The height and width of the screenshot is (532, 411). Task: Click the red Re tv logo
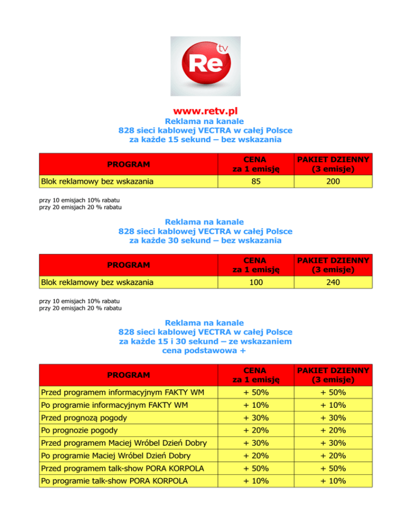tap(205, 66)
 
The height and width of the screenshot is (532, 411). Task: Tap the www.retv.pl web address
tap(205, 111)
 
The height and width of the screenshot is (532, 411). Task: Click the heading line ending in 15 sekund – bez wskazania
tap(205, 139)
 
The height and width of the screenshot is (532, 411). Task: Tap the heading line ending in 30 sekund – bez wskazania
tap(205, 241)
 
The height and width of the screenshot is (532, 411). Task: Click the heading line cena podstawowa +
tap(205, 352)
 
